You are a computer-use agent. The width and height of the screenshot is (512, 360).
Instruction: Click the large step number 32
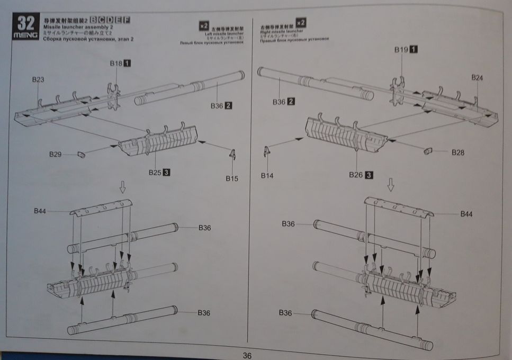(x=25, y=22)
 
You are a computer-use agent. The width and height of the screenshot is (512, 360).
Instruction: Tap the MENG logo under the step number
(x=25, y=34)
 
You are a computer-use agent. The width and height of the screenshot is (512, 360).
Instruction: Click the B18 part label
(x=116, y=63)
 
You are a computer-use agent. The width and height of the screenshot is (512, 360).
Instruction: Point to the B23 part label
(x=38, y=79)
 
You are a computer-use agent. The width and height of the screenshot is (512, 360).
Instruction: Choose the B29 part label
(x=56, y=155)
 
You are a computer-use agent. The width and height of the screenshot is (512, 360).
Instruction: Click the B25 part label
(x=154, y=172)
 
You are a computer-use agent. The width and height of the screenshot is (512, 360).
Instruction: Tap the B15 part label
(x=232, y=178)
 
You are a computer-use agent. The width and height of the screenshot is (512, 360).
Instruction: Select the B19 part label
(x=401, y=49)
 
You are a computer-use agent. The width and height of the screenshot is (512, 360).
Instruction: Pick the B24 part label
(x=477, y=78)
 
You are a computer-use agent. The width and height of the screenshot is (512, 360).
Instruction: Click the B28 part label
(x=458, y=152)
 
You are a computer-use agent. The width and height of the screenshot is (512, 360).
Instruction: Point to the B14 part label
(x=268, y=175)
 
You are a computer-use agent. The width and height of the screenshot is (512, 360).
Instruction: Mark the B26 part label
(x=357, y=174)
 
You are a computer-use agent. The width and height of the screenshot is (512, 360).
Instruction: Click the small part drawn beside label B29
(x=81, y=154)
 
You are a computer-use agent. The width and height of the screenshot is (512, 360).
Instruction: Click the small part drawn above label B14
(x=266, y=151)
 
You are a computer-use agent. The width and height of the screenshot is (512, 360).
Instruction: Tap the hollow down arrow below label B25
(x=123, y=186)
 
